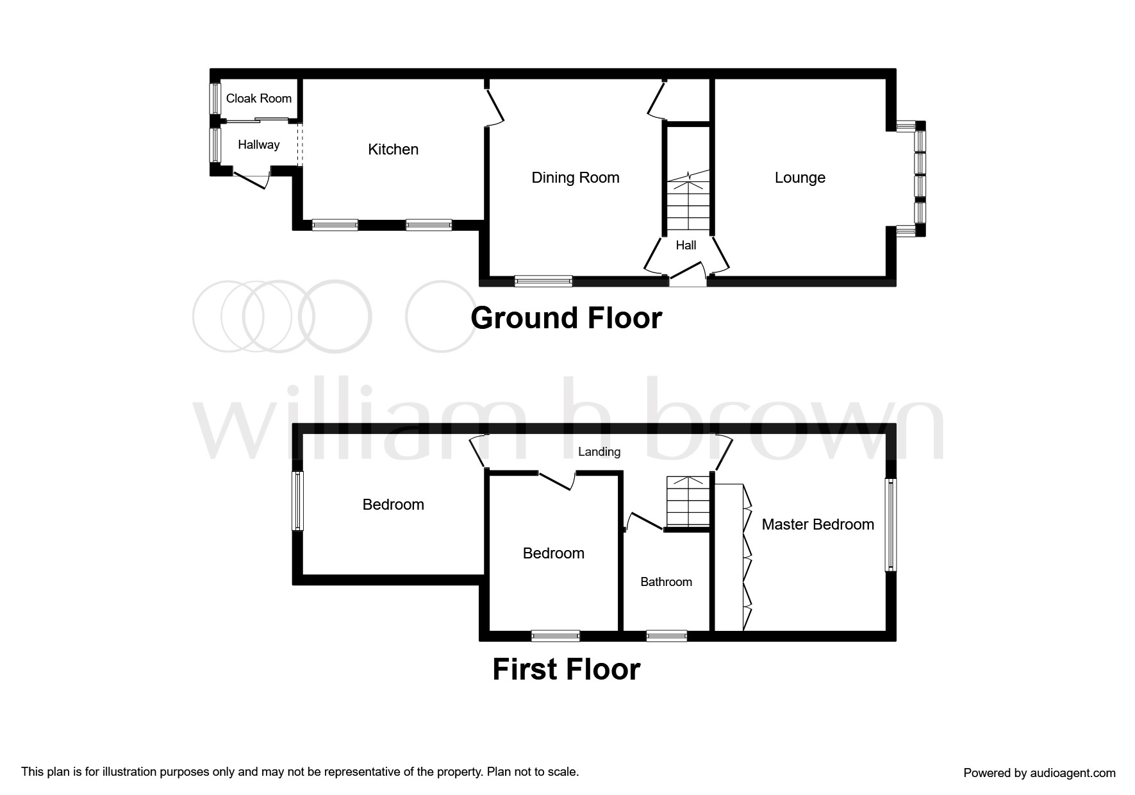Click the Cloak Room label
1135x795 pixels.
coord(258,99)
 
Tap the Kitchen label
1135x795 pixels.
coord(393,149)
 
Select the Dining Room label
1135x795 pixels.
coord(575,178)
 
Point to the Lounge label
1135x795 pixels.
coord(799,178)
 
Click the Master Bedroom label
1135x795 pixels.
coord(817,524)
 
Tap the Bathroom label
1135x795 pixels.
coord(666,582)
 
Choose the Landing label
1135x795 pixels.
coord(599,452)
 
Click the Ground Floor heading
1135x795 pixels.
coord(566,318)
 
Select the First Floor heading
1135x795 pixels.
coord(566,669)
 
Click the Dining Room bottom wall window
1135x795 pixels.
coord(543,281)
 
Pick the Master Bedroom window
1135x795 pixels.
coord(891,524)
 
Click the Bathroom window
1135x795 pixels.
coord(666,636)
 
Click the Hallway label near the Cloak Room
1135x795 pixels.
coord(258,145)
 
